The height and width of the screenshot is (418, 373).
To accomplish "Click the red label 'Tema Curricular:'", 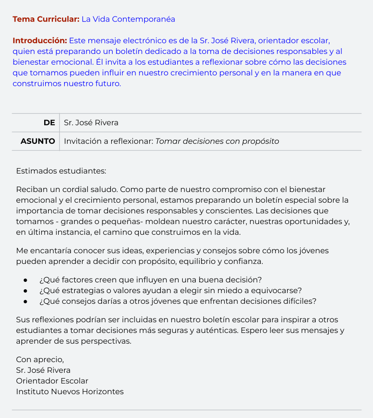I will click(x=46, y=19).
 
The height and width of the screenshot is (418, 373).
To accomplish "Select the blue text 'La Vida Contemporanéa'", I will click(x=128, y=19).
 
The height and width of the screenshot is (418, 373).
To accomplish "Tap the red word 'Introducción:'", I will click(x=39, y=40).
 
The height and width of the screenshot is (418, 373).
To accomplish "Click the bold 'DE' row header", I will click(x=49, y=123).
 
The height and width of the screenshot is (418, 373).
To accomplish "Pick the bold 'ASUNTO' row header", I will click(x=38, y=141).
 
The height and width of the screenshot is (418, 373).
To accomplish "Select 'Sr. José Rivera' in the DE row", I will click(x=91, y=123).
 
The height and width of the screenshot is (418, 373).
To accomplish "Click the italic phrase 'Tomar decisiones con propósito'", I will click(x=217, y=141).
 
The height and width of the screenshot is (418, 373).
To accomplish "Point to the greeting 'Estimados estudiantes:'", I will click(x=61, y=171).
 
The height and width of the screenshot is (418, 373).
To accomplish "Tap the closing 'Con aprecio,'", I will click(x=40, y=360).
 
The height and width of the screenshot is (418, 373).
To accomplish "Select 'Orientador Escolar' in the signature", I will click(x=52, y=381).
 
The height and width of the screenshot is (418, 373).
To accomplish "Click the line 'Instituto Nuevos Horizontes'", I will click(x=69, y=392).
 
